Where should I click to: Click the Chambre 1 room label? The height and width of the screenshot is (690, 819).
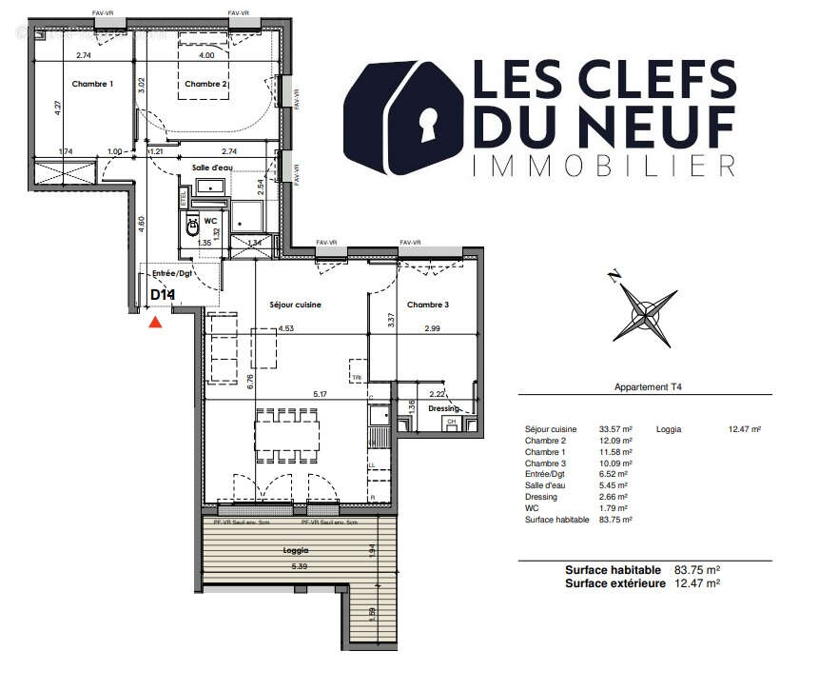click(x=91, y=85)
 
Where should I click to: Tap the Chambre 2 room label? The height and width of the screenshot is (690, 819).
click(x=206, y=85)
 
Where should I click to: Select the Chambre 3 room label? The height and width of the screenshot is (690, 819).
click(x=428, y=306)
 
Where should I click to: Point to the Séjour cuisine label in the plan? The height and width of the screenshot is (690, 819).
click(x=296, y=306)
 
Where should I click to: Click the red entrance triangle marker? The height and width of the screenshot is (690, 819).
click(x=156, y=323)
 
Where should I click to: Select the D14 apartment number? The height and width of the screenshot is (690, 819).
click(x=163, y=295)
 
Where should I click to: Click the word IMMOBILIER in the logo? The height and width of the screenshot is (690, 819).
click(x=604, y=166)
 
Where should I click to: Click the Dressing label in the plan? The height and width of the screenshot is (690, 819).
click(x=443, y=408)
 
